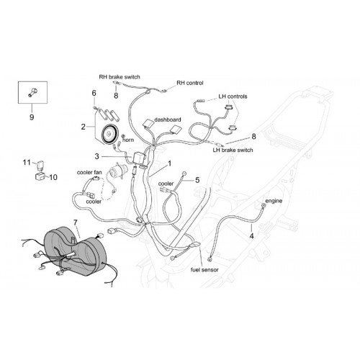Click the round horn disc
pyautogui.click(x=109, y=135)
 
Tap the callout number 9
pyautogui.click(x=32, y=117)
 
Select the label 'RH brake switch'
pyautogui.click(x=120, y=77)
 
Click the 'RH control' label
pyautogui.click(x=190, y=83)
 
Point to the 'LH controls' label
pyautogui.click(x=233, y=96)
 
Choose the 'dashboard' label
pyautogui.click(x=168, y=120)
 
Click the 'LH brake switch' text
pyautogui.click(x=233, y=150)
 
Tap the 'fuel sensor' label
pyautogui.click(x=204, y=270)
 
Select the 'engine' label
pyautogui.click(x=274, y=201)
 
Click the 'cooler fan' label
pyautogui.click(x=89, y=172)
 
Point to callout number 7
pyautogui.click(x=76, y=222)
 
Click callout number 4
pyautogui.click(x=251, y=236)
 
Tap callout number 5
pyautogui.click(x=197, y=180)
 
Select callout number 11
pyautogui.click(x=27, y=163)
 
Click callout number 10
pyautogui.click(x=53, y=177)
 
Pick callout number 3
pyautogui.click(x=96, y=156)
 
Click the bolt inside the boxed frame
pyautogui.click(x=32, y=92)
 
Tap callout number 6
pyautogui.click(x=94, y=93)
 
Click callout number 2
pyautogui.click(x=83, y=127)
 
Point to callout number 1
pyautogui.click(x=170, y=163)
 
